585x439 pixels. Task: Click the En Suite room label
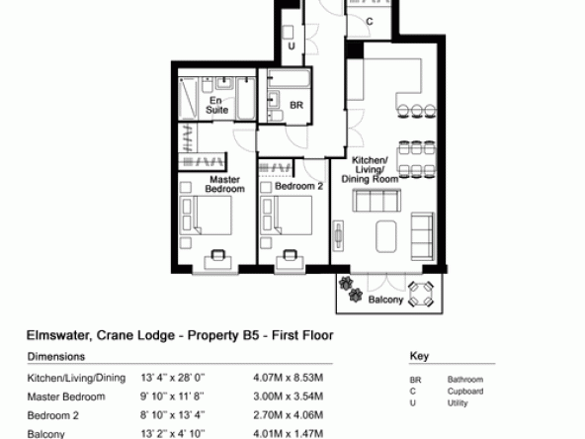(x=216, y=105)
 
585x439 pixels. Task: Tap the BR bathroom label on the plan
(x=296, y=105)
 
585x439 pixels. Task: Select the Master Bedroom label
(x=225, y=185)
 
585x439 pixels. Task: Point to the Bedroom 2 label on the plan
(x=298, y=186)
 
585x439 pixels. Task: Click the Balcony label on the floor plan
(x=385, y=300)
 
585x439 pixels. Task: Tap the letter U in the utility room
(x=292, y=45)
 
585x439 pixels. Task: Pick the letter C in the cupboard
(x=370, y=22)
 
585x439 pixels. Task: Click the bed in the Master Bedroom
(x=206, y=216)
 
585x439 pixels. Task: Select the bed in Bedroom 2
(x=287, y=216)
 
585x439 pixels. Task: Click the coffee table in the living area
(x=386, y=236)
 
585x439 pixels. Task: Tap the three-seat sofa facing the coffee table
(x=376, y=200)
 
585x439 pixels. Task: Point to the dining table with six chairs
(x=417, y=158)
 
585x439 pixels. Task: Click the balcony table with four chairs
(x=421, y=295)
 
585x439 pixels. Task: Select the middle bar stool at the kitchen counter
(x=417, y=112)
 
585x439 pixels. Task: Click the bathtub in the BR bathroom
(x=290, y=79)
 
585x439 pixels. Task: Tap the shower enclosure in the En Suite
(x=188, y=99)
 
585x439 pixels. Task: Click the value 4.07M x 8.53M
(x=288, y=378)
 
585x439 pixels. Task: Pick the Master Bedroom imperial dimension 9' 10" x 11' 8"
(x=172, y=396)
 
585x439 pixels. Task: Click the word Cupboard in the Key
(x=465, y=392)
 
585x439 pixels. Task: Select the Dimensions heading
(x=56, y=357)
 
